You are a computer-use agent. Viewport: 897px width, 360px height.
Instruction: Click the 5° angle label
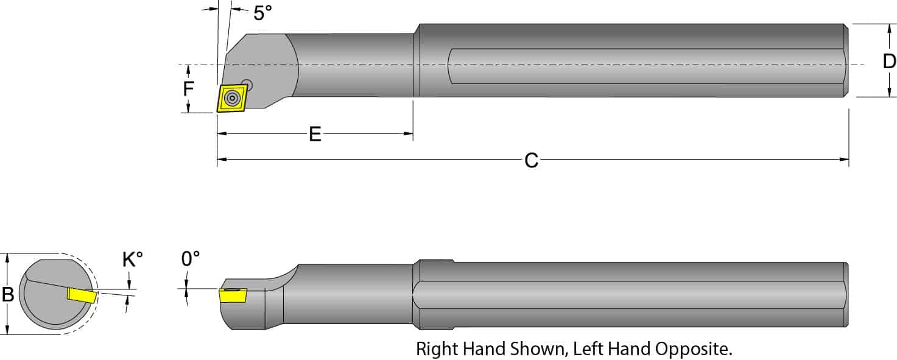262,13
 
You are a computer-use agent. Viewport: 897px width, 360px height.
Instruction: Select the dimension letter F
189,89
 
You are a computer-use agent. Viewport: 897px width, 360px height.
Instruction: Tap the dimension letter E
315,134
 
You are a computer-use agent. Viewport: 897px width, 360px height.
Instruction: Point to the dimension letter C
531,161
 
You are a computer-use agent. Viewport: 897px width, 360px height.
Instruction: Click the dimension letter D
889,61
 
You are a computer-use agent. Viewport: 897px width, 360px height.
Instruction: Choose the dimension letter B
8,294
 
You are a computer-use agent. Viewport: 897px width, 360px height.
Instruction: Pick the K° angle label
132,260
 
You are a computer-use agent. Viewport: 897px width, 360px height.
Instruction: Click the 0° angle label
190,259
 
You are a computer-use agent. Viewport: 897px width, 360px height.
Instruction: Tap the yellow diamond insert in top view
232,98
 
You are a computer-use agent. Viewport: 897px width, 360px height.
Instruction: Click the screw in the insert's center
232,98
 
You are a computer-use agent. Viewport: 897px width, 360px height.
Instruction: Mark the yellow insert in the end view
82,295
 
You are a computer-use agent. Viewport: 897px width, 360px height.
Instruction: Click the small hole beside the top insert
247,83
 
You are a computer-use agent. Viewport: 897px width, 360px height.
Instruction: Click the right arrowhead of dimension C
844,160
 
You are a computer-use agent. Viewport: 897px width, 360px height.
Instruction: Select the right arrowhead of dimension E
409,133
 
